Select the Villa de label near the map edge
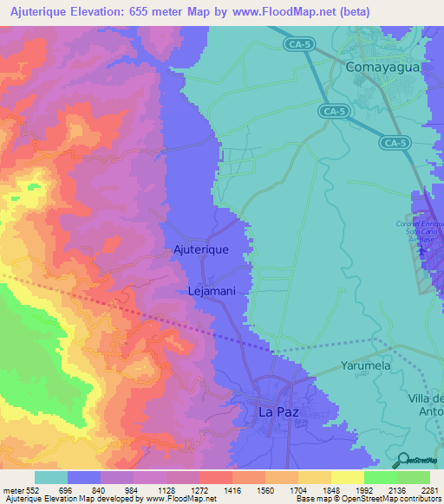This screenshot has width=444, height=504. (424, 398)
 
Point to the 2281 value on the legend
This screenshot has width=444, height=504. (429, 490)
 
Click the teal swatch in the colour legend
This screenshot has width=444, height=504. (51, 477)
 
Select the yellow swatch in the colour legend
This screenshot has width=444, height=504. (347, 477)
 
